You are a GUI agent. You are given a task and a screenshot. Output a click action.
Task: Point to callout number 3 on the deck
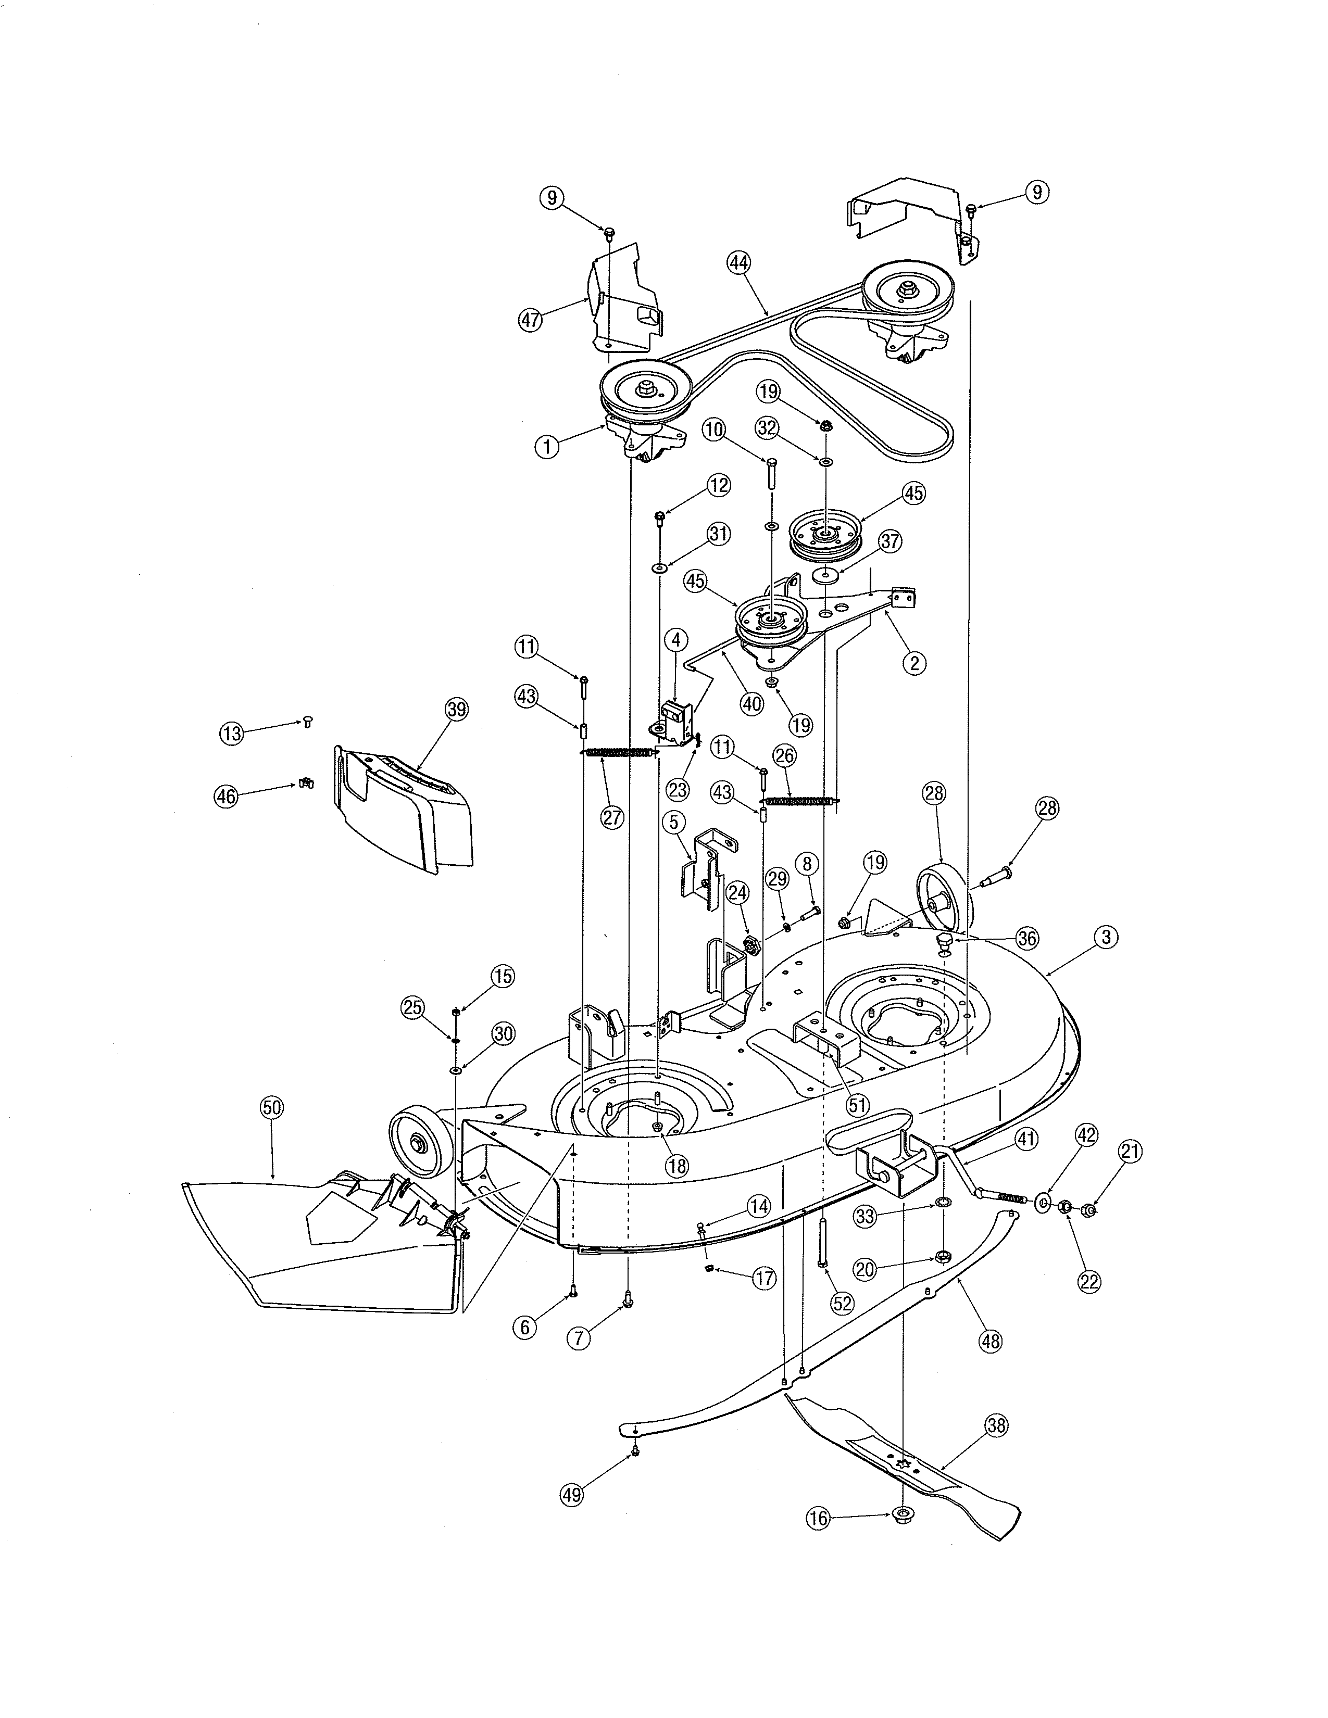coord(1106,937)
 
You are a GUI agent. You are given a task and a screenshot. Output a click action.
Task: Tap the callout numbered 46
coord(227,796)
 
